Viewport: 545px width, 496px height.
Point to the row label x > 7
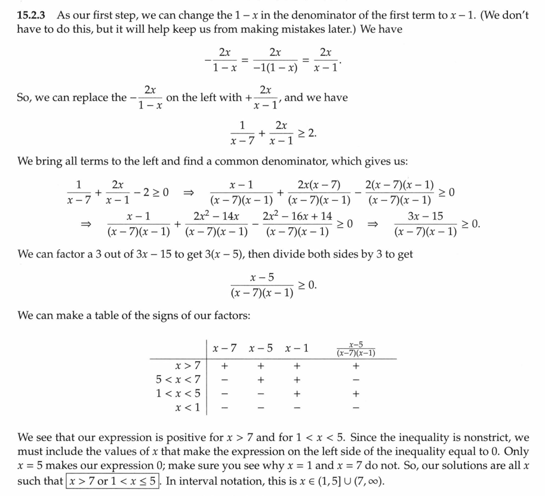[187, 365]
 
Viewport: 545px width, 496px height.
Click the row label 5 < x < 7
[178, 379]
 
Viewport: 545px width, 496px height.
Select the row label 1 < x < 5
[178, 393]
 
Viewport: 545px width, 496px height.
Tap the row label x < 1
[187, 408]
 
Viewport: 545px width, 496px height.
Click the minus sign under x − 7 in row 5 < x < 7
[224, 380]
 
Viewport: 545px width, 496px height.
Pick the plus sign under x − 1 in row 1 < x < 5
[297, 393]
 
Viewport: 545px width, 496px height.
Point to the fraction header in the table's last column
[356, 348]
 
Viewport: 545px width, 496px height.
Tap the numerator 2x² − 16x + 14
[297, 216]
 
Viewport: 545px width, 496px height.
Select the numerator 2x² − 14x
[216, 216]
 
